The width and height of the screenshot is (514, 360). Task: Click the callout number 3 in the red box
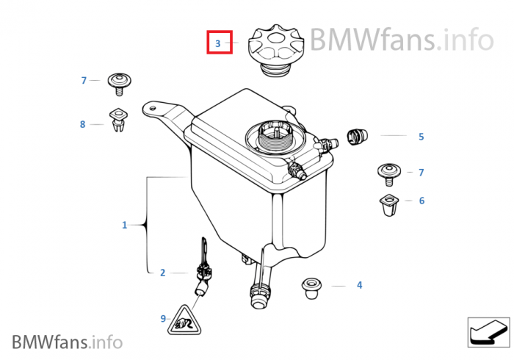(218, 44)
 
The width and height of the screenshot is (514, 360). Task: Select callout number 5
(421, 137)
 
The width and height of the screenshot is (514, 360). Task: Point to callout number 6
(421, 201)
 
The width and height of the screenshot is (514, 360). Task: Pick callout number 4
(359, 285)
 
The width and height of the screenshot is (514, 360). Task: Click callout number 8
(82, 125)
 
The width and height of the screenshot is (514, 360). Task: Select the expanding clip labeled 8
(117, 120)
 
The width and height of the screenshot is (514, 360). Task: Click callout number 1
(124, 225)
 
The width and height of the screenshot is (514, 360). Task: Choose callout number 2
(162, 273)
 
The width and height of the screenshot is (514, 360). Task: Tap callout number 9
(163, 318)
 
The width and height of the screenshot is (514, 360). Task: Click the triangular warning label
(184, 320)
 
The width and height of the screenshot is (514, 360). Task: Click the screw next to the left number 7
(118, 83)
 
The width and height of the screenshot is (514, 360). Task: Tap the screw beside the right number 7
(388, 174)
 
